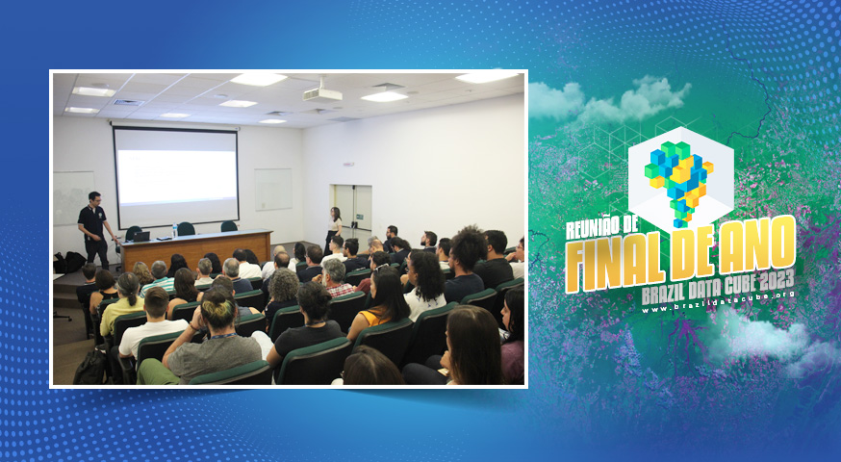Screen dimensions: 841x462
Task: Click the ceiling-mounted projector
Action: tap(322, 94)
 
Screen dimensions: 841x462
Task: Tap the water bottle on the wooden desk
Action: tap(175, 231)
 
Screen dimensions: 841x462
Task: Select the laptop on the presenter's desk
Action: tap(141, 236)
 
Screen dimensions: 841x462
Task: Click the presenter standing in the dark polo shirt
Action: tap(95, 229)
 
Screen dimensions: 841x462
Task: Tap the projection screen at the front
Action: tap(176, 177)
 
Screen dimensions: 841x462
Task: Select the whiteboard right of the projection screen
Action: tap(273, 190)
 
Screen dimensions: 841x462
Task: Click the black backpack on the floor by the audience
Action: tap(90, 368)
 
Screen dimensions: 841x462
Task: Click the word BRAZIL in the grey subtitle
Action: tap(660, 295)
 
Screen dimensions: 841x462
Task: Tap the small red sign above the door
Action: tap(348, 165)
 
